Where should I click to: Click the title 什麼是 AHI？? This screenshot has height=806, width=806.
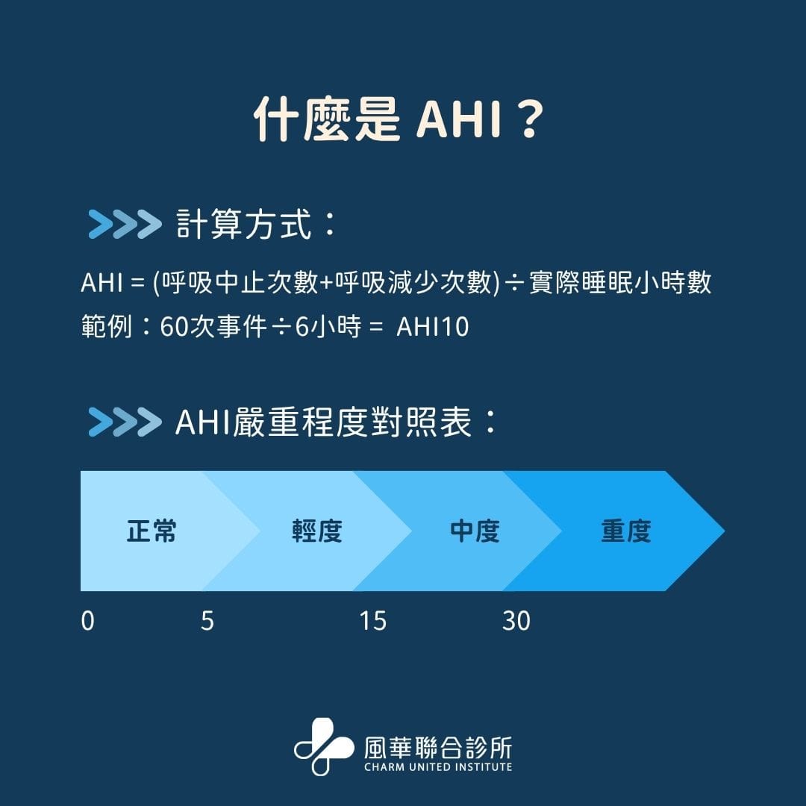pyautogui.click(x=399, y=119)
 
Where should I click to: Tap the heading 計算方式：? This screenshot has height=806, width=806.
pyautogui.click(x=256, y=224)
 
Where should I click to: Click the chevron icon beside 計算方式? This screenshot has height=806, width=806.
pyautogui.click(x=125, y=224)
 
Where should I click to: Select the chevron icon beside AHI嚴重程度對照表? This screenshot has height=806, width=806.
pyautogui.click(x=125, y=422)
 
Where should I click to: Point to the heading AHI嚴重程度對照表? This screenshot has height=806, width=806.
pyautogui.click(x=336, y=422)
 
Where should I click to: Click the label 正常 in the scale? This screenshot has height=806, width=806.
pyautogui.click(x=151, y=531)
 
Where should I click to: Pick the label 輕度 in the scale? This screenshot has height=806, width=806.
pyautogui.click(x=317, y=531)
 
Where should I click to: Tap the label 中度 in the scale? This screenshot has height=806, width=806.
pyautogui.click(x=475, y=531)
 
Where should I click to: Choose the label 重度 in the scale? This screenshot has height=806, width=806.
pyautogui.click(x=626, y=531)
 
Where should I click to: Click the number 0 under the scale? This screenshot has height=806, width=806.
pyautogui.click(x=88, y=621)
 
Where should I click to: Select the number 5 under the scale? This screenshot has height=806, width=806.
pyautogui.click(x=207, y=621)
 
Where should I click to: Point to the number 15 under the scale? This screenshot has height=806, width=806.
pyautogui.click(x=372, y=621)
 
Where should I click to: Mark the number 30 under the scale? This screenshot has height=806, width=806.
pyautogui.click(x=516, y=621)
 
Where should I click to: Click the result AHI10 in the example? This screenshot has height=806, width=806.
pyautogui.click(x=433, y=327)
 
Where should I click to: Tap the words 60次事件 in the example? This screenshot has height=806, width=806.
pyautogui.click(x=213, y=327)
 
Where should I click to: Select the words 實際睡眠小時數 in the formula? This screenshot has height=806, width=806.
pyautogui.click(x=620, y=283)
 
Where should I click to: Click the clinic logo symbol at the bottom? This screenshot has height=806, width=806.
pyautogui.click(x=324, y=746)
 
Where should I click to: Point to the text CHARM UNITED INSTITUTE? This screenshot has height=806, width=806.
pyautogui.click(x=439, y=767)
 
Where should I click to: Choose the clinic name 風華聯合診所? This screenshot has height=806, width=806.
pyautogui.click(x=439, y=747)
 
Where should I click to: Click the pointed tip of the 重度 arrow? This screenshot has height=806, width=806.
pyautogui.click(x=724, y=531)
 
